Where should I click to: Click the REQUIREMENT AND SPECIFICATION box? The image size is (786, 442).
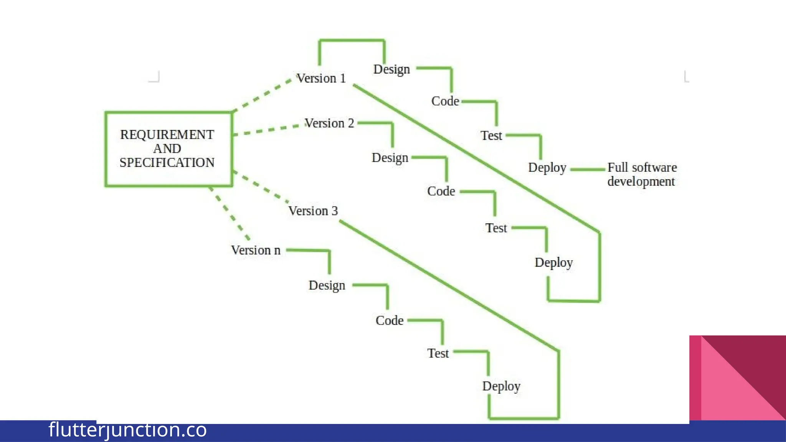(x=168, y=149)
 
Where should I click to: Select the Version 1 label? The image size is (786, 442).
(x=321, y=78)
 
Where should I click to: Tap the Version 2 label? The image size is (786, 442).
(x=329, y=123)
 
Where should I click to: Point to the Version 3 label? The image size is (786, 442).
(x=313, y=211)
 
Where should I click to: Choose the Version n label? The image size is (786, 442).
(x=256, y=250)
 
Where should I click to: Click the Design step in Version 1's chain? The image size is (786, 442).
(x=391, y=69)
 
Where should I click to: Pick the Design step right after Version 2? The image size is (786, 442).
(x=390, y=158)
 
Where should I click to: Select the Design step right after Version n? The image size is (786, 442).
(x=327, y=285)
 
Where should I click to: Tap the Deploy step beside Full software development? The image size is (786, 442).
(x=547, y=168)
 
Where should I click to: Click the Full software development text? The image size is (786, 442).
(x=642, y=174)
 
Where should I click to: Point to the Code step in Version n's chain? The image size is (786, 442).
(x=389, y=320)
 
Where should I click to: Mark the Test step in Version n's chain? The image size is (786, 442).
(x=438, y=353)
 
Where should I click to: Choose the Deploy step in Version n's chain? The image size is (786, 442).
(x=501, y=386)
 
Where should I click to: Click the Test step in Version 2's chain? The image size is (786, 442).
(x=496, y=228)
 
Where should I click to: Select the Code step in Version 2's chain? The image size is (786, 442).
(x=441, y=191)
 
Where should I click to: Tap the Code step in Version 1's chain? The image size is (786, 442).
(x=445, y=101)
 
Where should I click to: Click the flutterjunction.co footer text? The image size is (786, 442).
(x=127, y=430)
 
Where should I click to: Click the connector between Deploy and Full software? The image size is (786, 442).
(x=587, y=169)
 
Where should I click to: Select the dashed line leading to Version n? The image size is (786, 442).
(x=230, y=213)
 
